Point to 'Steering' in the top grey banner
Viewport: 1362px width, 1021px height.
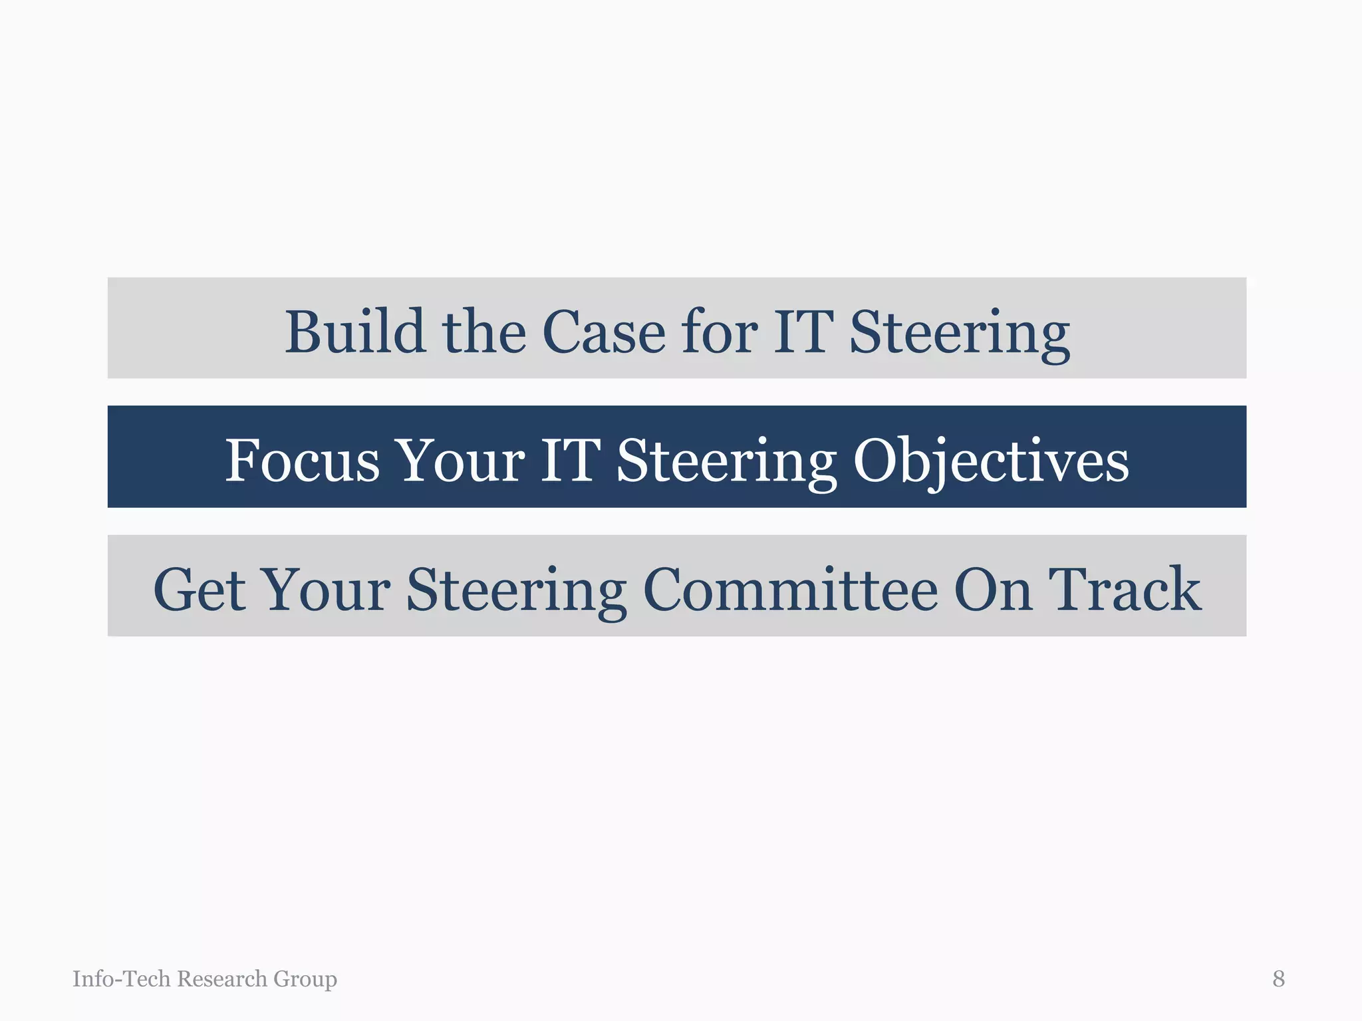point(960,332)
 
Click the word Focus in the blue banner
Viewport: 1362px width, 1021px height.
point(302,460)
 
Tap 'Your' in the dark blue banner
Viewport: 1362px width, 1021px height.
point(460,460)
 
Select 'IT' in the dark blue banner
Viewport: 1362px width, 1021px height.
point(570,460)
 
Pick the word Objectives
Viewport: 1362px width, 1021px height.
point(991,461)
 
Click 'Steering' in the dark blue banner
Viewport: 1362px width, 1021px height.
point(726,461)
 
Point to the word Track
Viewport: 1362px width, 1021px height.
point(1125,589)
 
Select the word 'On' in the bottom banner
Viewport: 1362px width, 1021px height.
point(994,589)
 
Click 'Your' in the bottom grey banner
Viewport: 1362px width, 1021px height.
point(325,589)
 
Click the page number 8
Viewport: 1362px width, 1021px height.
point(1278,978)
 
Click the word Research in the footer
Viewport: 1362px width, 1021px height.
point(222,978)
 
